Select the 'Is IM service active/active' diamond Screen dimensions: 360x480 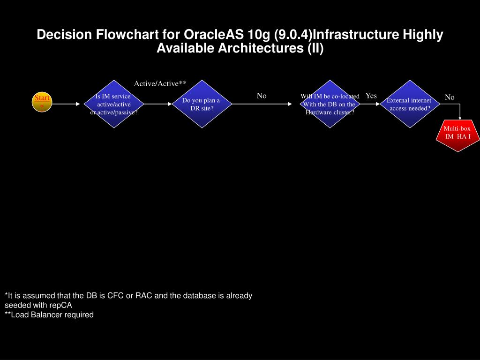click(114, 104)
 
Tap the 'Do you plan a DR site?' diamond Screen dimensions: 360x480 click(201, 104)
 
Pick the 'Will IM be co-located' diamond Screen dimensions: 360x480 click(330, 104)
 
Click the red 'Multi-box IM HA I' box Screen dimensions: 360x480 click(457, 136)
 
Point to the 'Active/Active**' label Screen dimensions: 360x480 click(160, 84)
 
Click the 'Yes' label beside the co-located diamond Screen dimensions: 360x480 click(371, 96)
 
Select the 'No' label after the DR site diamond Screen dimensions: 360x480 click(262, 96)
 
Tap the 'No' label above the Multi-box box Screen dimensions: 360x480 click(450, 97)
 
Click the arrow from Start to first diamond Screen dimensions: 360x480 click(66, 104)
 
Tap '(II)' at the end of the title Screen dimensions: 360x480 click(315, 48)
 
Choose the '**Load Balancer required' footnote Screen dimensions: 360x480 click(49, 315)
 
